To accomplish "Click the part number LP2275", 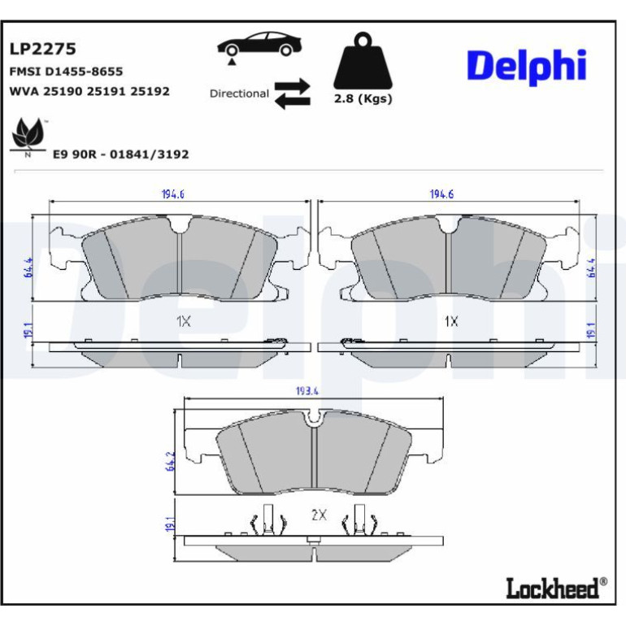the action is [43, 49].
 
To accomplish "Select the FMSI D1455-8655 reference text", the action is [66, 72].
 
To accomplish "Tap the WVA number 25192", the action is [150, 91].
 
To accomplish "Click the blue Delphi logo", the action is [527, 67].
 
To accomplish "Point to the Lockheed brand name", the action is [553, 588].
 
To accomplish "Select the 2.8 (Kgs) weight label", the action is [363, 98].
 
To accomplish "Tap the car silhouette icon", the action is [259, 45].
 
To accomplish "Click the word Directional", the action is [240, 93].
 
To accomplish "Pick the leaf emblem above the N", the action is [27, 133].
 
